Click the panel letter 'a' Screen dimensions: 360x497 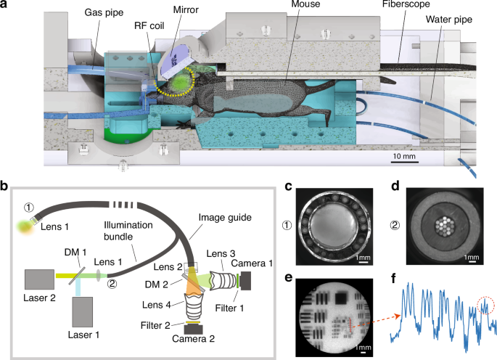pos(5,6)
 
